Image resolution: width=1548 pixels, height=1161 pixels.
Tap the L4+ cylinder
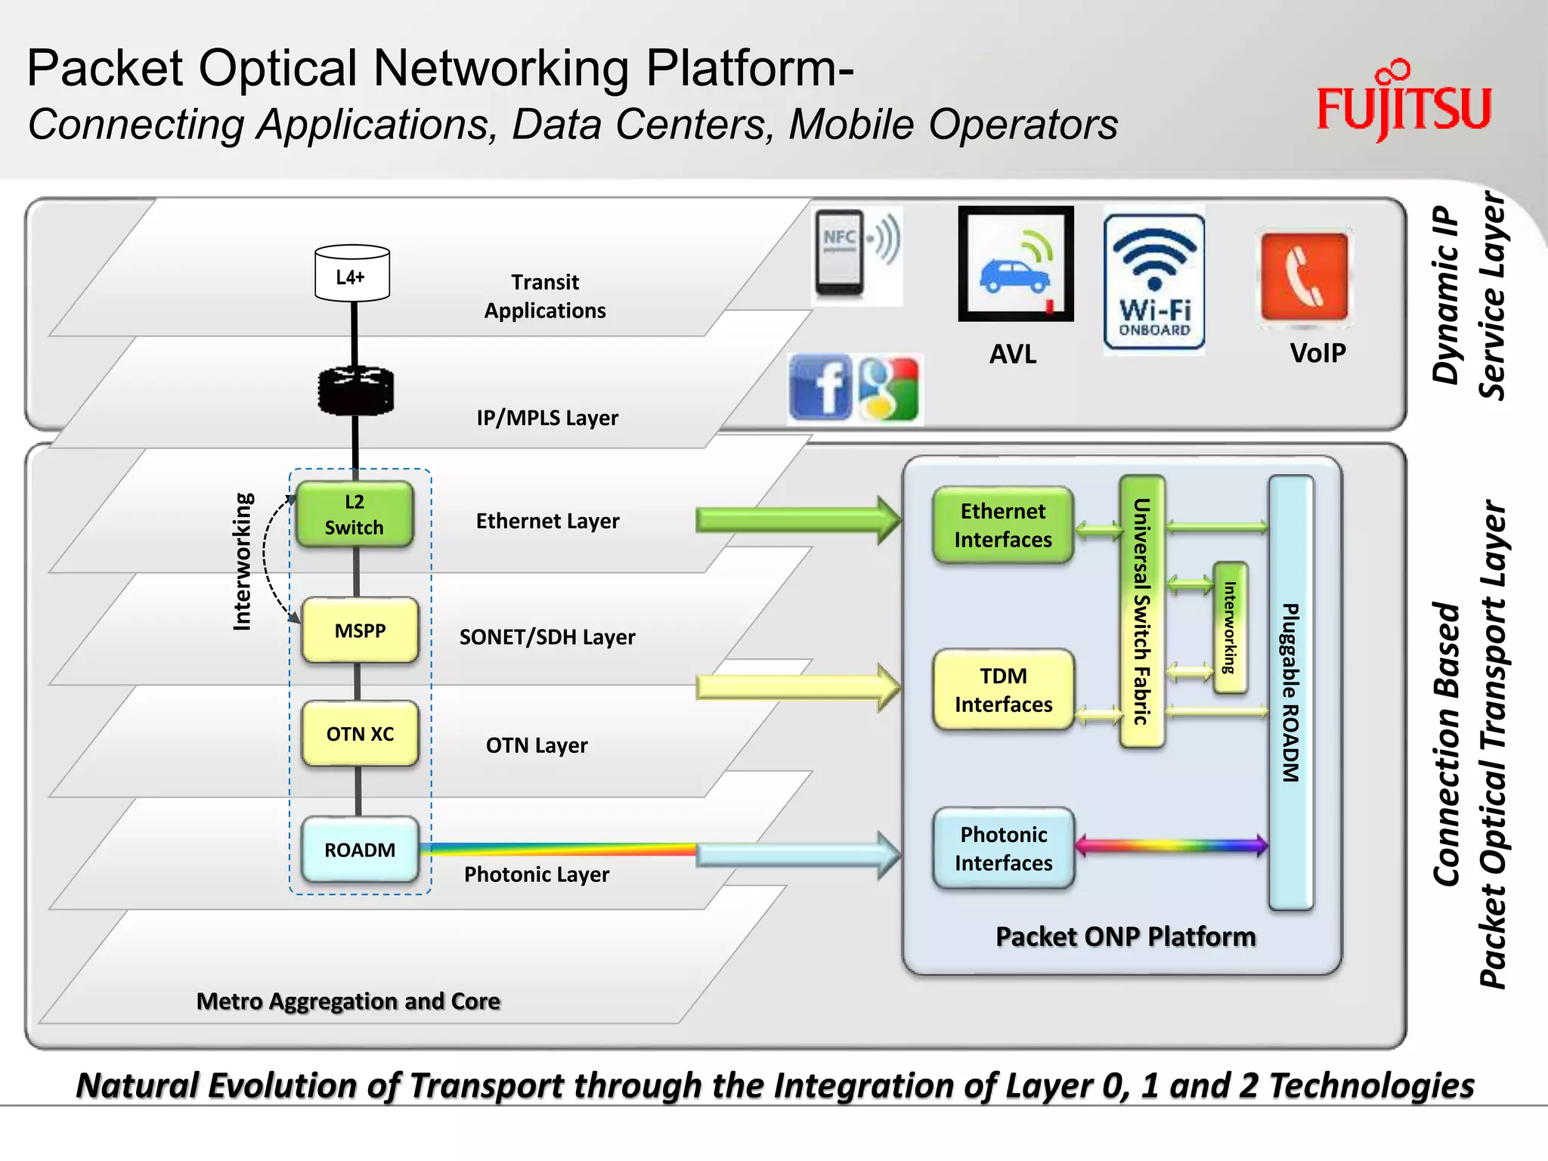pyautogui.click(x=352, y=274)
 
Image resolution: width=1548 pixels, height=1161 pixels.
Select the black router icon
pyautogui.click(x=355, y=391)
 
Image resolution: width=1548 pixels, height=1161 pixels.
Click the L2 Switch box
pyautogui.click(x=354, y=515)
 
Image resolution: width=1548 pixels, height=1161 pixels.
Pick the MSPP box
pyautogui.click(x=360, y=630)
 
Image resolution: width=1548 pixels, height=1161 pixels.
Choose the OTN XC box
pyautogui.click(x=360, y=734)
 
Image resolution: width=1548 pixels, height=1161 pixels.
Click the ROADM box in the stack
pyautogui.click(x=360, y=850)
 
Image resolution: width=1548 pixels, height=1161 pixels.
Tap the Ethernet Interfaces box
pyautogui.click(x=1003, y=525)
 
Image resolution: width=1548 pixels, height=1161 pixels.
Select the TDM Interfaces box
pyautogui.click(x=1003, y=689)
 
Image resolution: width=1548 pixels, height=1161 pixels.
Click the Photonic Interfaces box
pyautogui.click(x=1003, y=848)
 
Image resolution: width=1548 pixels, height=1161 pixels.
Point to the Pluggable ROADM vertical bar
pyautogui.click(x=1290, y=692)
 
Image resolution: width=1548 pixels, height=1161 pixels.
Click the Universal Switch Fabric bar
pyautogui.click(x=1141, y=611)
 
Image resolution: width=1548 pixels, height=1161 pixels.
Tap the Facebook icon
pyautogui.click(x=820, y=388)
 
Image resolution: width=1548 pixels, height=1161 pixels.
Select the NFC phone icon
pyautogui.click(x=841, y=253)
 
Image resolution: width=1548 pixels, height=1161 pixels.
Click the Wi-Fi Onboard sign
pyautogui.click(x=1154, y=282)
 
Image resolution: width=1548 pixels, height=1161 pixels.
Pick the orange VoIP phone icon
pyautogui.click(x=1304, y=277)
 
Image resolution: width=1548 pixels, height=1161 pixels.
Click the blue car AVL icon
pyautogui.click(x=1015, y=265)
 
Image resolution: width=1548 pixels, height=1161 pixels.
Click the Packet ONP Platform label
pyautogui.click(x=1125, y=937)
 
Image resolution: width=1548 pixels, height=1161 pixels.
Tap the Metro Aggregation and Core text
pyautogui.click(x=348, y=1002)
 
